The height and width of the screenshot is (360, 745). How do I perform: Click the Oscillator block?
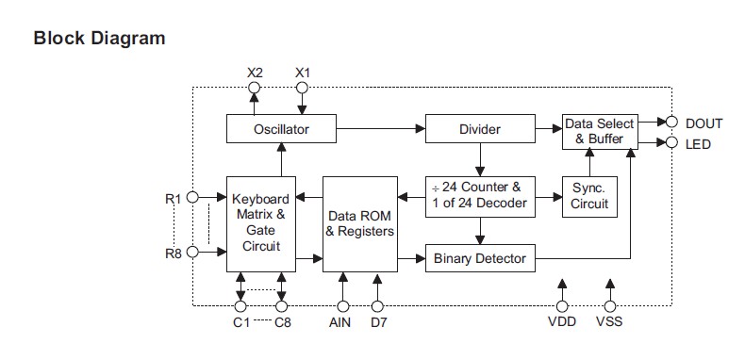(281, 128)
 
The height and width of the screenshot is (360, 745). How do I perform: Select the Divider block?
(479, 128)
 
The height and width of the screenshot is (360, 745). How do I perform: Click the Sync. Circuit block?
(589, 196)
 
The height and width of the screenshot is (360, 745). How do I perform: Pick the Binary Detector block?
(479, 257)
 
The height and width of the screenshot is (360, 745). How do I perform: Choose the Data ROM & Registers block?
(359, 223)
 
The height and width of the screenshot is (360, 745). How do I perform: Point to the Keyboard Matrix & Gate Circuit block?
(261, 223)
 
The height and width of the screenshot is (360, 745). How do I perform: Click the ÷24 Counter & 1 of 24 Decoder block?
(479, 196)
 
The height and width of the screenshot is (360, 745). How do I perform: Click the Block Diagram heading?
(99, 39)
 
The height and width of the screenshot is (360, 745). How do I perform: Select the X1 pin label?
(303, 73)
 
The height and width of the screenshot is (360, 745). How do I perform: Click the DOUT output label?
(704, 123)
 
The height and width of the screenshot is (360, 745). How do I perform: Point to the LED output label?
(698, 144)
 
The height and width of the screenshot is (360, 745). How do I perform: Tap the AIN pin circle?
(343, 305)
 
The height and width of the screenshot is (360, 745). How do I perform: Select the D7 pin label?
(379, 322)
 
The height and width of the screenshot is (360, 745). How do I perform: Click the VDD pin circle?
(562, 305)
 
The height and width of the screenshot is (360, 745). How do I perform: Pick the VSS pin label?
(610, 322)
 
